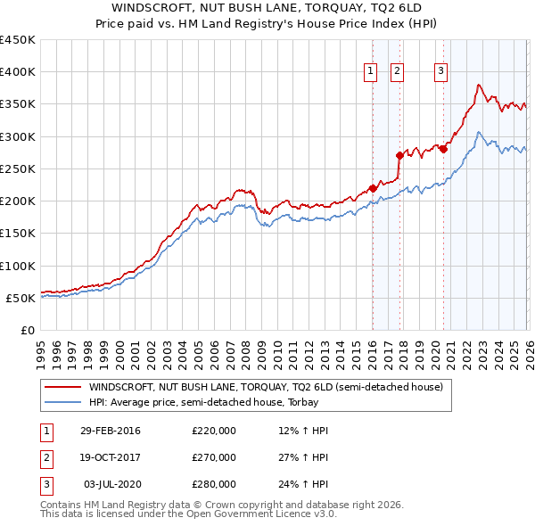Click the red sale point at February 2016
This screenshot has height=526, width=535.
point(373,188)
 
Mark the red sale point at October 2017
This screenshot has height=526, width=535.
point(399,155)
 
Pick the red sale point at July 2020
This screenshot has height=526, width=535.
point(443,149)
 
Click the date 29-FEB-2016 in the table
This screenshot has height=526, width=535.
point(110,431)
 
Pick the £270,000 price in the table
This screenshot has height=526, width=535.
point(214,457)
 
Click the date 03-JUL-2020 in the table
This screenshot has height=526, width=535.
point(111,484)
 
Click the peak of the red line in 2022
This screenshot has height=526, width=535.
point(479,85)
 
